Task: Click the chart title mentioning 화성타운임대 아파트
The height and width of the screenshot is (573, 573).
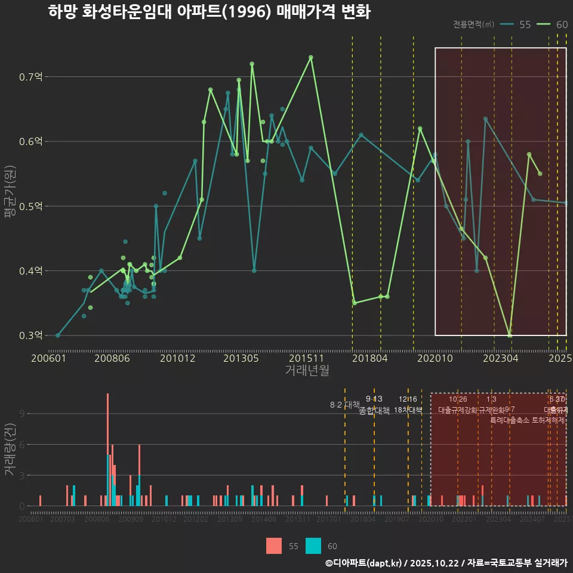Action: coord(210,13)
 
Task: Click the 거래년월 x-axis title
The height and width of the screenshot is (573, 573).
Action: coord(307,371)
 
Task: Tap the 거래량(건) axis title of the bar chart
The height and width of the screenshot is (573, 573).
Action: coord(10,449)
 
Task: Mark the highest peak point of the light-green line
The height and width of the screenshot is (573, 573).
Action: coord(311,57)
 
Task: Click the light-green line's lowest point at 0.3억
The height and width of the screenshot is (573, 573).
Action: coord(509,335)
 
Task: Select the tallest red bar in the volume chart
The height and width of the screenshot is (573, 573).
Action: coord(107,449)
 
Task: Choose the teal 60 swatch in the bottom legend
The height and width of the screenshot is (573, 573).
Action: coord(313,546)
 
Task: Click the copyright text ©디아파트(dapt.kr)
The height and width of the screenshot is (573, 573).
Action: coord(365,563)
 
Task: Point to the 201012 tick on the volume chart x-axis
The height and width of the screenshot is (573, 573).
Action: coord(164,520)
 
